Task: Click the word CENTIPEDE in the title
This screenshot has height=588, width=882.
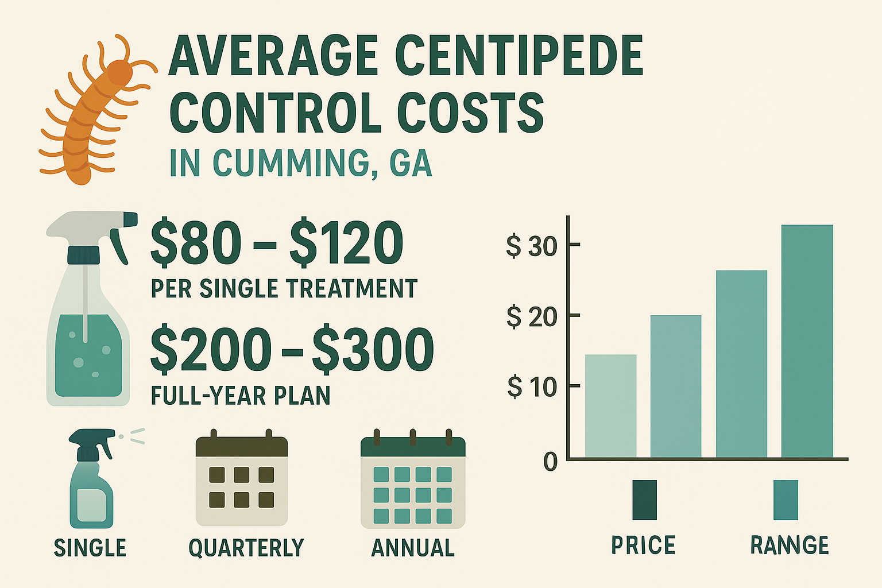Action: [519, 56]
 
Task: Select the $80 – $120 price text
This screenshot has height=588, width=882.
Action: [276, 243]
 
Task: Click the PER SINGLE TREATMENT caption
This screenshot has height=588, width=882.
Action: [284, 288]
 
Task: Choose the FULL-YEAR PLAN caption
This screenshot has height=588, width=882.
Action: [240, 396]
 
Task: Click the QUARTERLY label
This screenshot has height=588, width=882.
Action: [246, 548]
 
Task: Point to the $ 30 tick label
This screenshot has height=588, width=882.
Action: [532, 246]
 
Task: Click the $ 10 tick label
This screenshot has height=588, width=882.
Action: [532, 388]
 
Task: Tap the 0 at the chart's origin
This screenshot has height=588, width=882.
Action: [550, 462]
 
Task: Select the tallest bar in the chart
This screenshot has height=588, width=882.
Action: [807, 341]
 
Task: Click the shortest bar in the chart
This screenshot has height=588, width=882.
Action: [610, 406]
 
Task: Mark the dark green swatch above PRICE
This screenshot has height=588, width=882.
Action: [644, 500]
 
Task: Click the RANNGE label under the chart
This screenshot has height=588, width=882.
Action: [790, 545]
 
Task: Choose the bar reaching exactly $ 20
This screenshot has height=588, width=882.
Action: [676, 386]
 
